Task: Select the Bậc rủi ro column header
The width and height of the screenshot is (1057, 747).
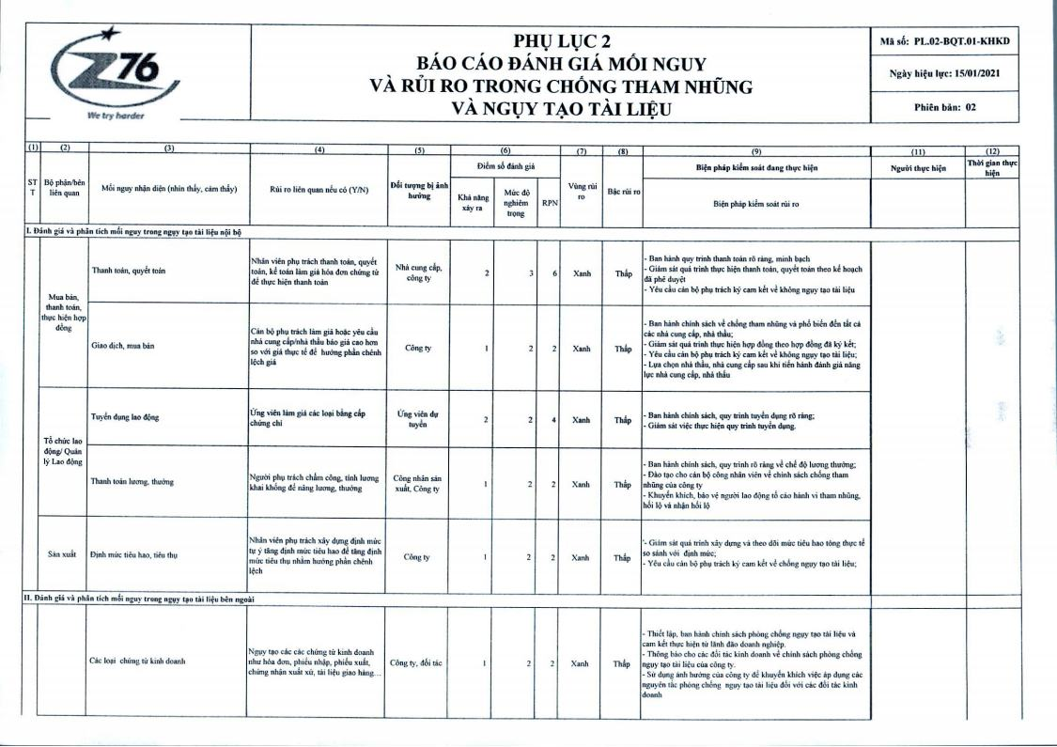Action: pos(622,191)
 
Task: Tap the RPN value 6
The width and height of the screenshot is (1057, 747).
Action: pos(556,272)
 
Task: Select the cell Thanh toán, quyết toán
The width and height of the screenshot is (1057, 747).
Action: pos(129,271)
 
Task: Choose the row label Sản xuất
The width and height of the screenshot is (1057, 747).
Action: pos(61,554)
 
